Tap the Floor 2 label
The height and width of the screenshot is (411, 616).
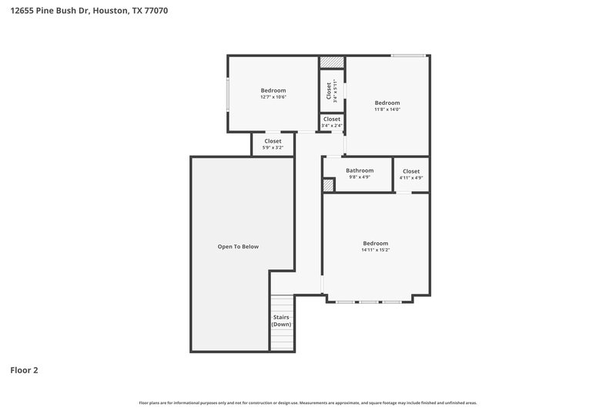tap(24, 370)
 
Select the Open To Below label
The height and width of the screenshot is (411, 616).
tap(238, 247)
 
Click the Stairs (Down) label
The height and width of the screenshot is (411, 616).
tap(281, 321)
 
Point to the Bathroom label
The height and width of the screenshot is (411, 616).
tap(360, 170)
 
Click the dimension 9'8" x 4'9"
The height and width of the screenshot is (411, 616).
tap(360, 177)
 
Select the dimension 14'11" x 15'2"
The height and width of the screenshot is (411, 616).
tap(376, 250)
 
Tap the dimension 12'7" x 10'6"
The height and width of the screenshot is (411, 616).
tap(273, 97)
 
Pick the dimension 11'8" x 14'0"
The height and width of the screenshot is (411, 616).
tap(387, 109)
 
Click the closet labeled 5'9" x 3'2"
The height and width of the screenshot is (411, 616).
tap(273, 143)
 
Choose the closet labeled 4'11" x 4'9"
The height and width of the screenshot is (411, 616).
tap(411, 174)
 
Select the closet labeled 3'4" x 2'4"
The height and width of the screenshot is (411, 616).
tap(332, 122)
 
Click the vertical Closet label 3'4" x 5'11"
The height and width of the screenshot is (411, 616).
tap(332, 91)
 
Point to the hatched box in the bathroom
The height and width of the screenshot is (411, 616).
tap(328, 185)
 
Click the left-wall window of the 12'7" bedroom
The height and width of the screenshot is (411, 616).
tap(227, 94)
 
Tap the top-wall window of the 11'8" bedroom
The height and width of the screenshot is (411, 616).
tap(408, 55)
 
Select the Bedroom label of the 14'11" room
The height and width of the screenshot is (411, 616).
tap(376, 243)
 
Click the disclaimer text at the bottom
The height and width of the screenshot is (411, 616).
tap(308, 403)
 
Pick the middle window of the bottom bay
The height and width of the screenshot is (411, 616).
tap(369, 302)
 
